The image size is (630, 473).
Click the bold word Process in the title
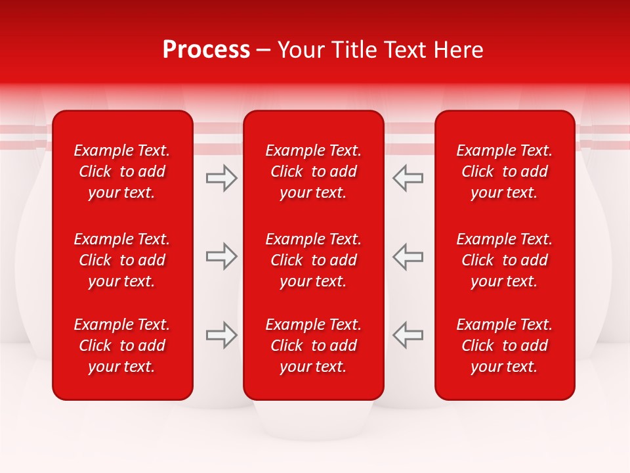click(206, 50)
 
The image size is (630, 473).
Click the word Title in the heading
click(354, 50)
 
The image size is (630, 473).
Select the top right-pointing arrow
click(221, 178)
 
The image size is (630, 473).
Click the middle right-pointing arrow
click(221, 256)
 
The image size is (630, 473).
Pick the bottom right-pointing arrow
click(221, 335)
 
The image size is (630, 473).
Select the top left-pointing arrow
click(408, 178)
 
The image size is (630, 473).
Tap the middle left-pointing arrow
click(408, 256)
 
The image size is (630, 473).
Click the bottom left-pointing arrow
click(408, 335)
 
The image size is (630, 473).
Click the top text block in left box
click(122, 171)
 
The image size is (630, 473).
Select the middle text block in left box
click(122, 260)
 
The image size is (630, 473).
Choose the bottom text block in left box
click(122, 346)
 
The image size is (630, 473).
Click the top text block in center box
click(314, 171)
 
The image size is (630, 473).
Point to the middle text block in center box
click(314, 260)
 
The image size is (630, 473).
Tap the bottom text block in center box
click(314, 346)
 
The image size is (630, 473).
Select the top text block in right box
click(505, 171)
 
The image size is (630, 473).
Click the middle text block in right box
click(505, 260)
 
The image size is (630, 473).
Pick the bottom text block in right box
click(505, 346)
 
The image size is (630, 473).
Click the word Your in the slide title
click(301, 50)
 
